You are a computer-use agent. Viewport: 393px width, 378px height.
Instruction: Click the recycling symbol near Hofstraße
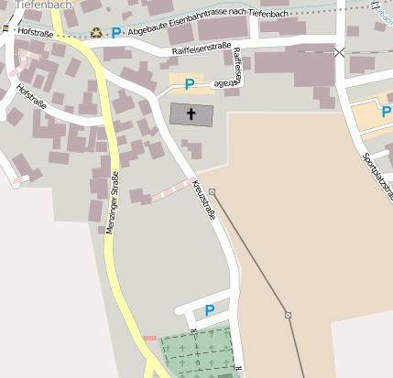(96, 33)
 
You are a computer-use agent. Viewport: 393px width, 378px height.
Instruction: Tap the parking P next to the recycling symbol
(116, 33)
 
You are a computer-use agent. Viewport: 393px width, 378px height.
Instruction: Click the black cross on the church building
(191, 114)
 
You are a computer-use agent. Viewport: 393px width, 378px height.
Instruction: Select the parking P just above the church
(190, 84)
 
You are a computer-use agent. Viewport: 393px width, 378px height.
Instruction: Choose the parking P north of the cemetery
(210, 310)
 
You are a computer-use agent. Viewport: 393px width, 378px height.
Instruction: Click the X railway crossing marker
(341, 53)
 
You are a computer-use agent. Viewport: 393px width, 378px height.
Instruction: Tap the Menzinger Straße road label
(113, 203)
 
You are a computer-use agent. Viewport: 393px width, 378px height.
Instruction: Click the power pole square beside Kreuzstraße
(212, 191)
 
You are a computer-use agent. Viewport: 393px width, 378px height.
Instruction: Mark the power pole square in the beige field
(288, 315)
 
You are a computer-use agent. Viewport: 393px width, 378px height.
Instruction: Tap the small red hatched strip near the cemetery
(150, 338)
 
